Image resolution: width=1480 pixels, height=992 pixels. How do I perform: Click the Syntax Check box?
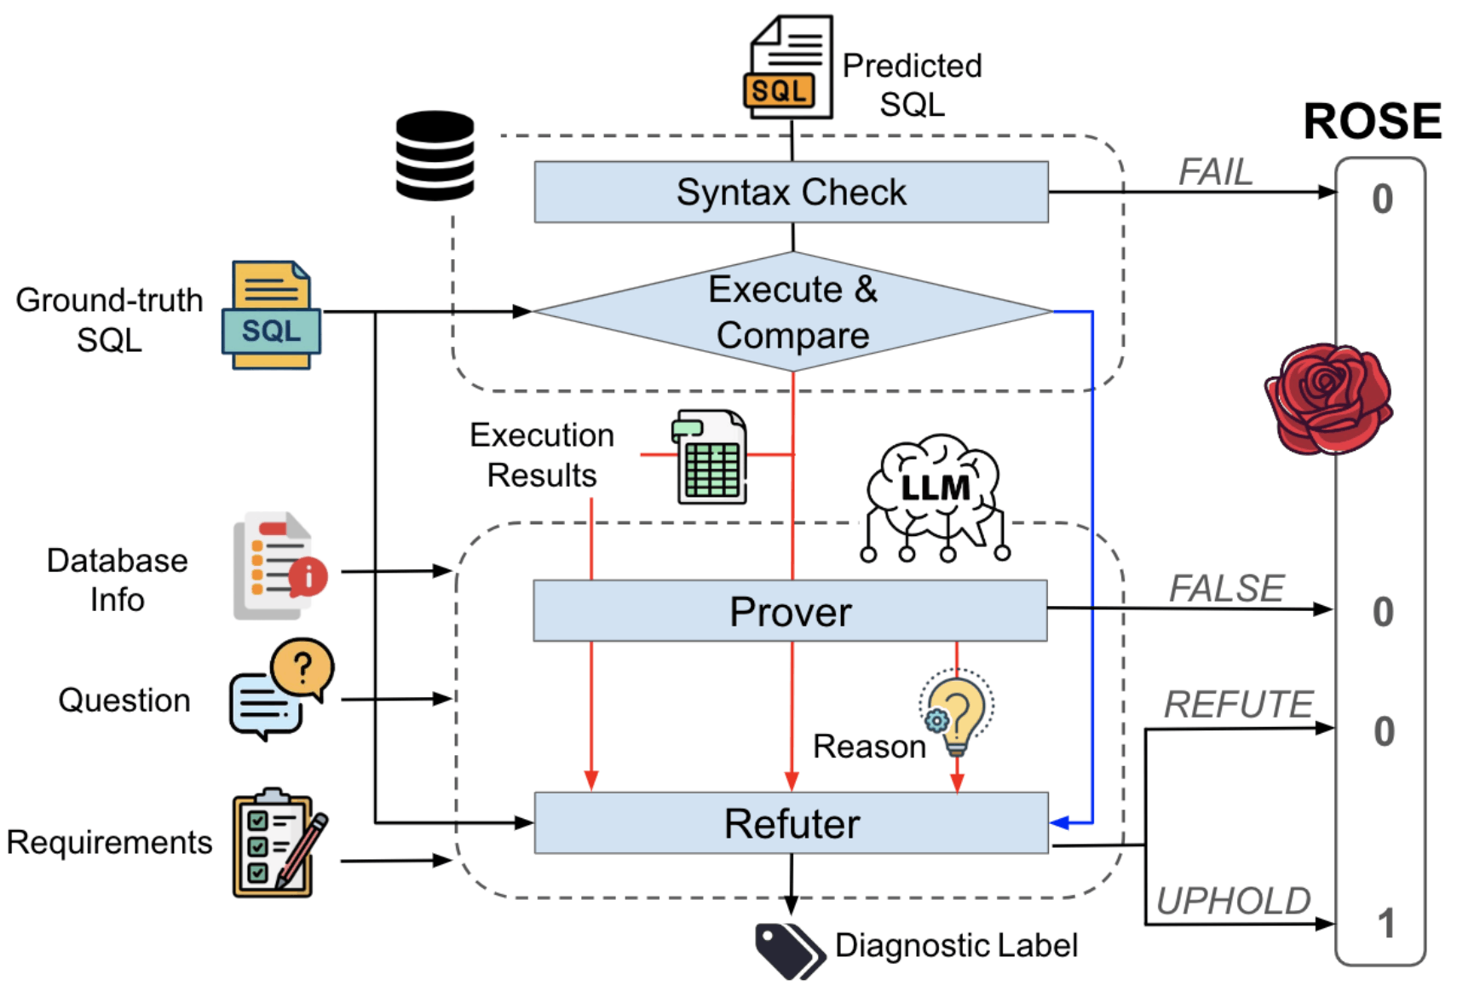(x=791, y=192)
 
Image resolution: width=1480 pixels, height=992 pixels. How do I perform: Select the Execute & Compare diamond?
(x=792, y=312)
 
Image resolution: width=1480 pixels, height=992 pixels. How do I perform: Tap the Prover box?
(x=790, y=611)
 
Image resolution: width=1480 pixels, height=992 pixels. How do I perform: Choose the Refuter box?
(x=791, y=823)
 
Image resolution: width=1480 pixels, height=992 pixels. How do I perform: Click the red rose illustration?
(x=1327, y=398)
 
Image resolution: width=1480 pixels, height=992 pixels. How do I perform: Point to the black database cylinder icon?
(x=435, y=155)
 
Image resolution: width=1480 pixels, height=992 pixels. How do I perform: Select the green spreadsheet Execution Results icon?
(x=711, y=457)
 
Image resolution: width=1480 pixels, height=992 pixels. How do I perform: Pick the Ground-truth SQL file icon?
(x=271, y=315)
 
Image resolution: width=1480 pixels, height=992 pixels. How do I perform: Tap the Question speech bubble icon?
(x=280, y=689)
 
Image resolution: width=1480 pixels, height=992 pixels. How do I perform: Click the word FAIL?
(x=1215, y=172)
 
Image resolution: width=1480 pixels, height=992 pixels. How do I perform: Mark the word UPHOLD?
(x=1233, y=901)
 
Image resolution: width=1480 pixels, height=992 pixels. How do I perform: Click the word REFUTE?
(x=1238, y=705)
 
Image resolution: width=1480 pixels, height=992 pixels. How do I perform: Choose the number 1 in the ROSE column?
(x=1386, y=924)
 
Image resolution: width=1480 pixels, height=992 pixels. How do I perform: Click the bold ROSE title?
(x=1372, y=121)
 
